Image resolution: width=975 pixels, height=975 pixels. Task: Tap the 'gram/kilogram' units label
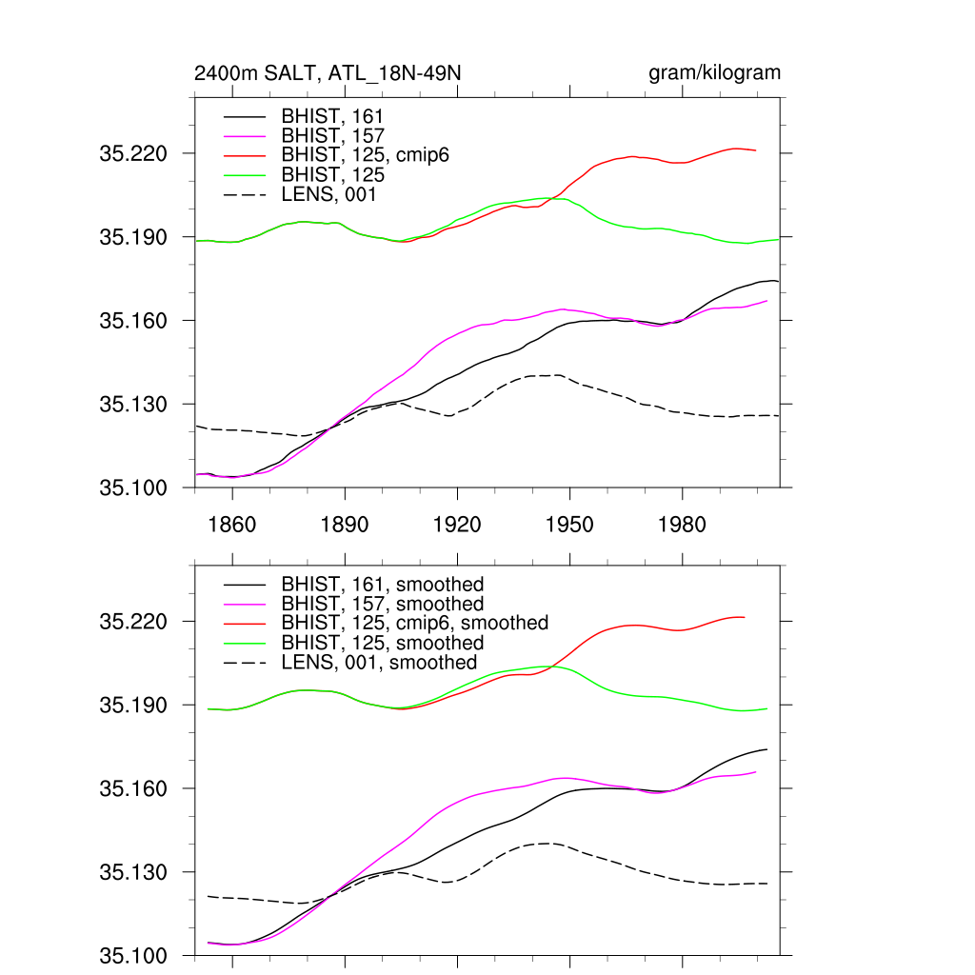[x=714, y=74]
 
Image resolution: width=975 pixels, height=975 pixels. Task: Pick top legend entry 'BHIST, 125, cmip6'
[x=365, y=155]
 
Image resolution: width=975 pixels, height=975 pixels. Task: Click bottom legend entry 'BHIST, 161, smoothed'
[x=383, y=584]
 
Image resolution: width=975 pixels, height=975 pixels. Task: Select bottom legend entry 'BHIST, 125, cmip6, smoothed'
[x=415, y=623]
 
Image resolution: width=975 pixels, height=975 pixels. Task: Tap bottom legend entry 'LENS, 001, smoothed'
[x=379, y=663]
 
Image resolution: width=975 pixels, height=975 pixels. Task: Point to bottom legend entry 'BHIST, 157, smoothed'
[x=383, y=604]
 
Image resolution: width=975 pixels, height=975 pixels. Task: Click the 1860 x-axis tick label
[x=231, y=525]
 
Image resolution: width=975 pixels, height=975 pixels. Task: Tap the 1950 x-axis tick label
[x=569, y=525]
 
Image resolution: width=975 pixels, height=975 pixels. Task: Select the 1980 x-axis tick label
[x=682, y=525]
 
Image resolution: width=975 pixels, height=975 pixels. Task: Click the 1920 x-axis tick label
[x=457, y=525]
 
